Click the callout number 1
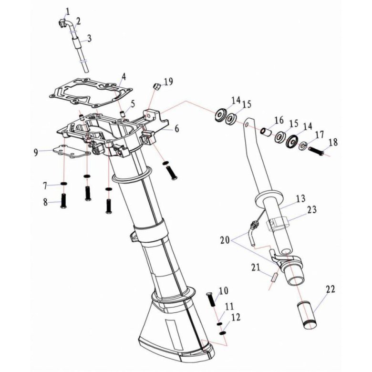pyautogui.click(x=67, y=10)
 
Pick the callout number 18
pyautogui.click(x=332, y=142)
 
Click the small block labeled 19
pyautogui.click(x=155, y=86)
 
